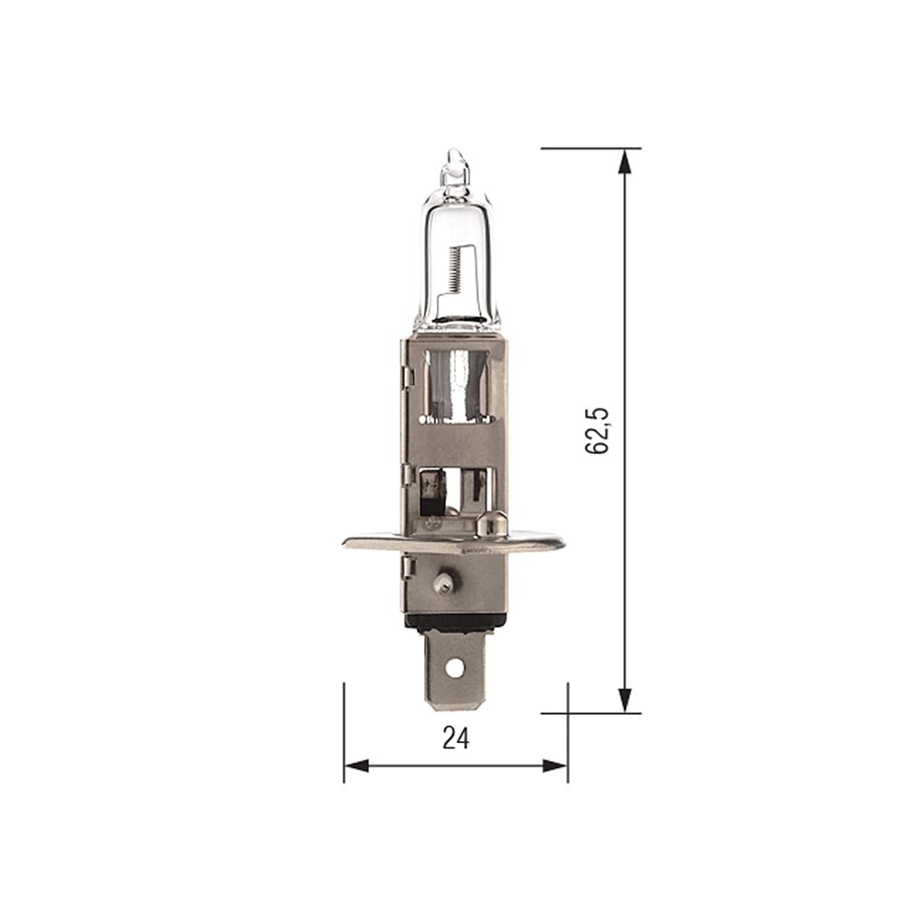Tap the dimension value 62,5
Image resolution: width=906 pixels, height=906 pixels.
(598, 430)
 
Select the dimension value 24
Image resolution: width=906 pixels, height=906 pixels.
(456, 738)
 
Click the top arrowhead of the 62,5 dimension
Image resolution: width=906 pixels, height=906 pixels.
(624, 161)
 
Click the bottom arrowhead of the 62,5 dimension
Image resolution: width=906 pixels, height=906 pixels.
(624, 699)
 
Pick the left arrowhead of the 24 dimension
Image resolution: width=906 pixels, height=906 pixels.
(356, 766)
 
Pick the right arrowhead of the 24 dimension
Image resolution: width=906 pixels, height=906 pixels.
(555, 766)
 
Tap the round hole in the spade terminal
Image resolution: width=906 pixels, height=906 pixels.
(454, 668)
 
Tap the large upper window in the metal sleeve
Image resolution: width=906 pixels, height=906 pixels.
(456, 385)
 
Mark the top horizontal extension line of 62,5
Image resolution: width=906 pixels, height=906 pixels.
(589, 148)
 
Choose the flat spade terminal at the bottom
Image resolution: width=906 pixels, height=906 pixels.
(455, 670)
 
